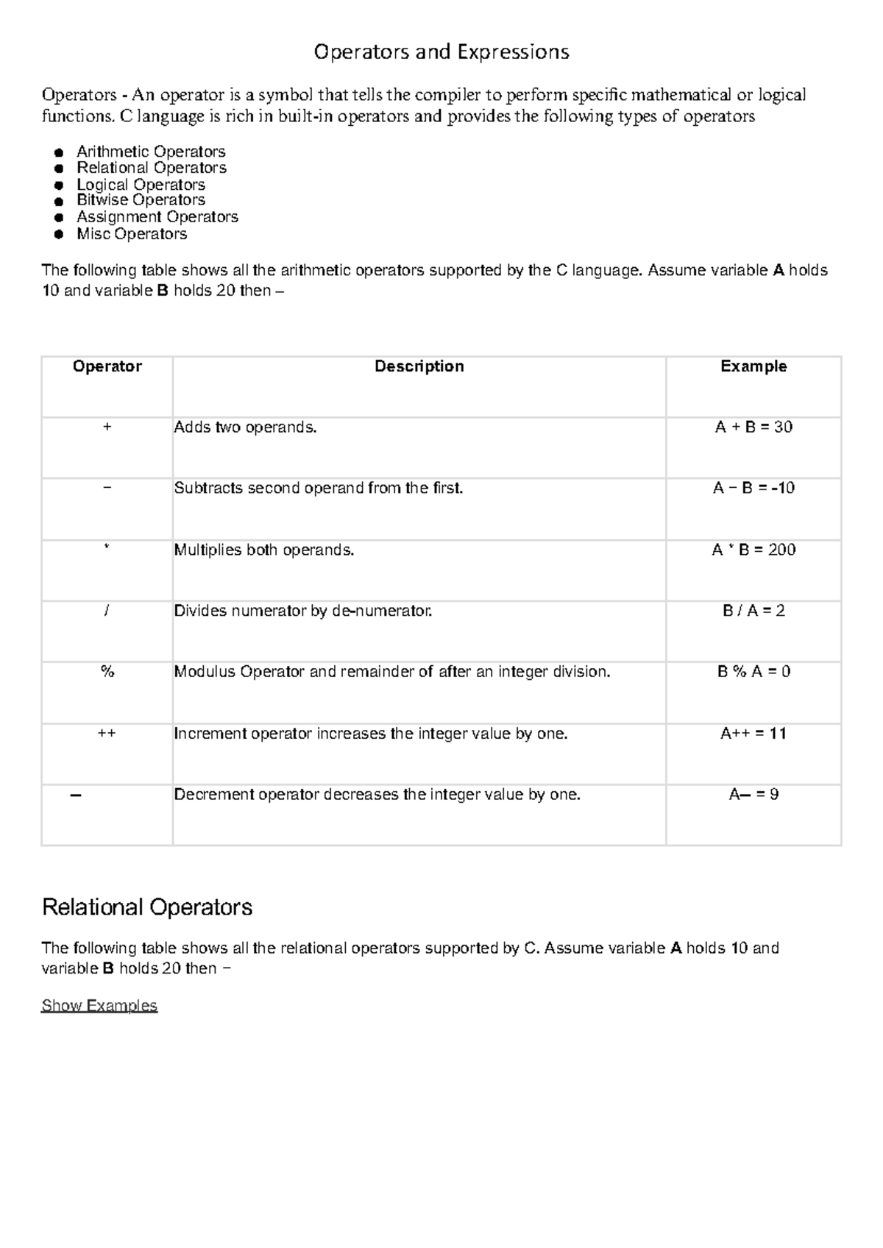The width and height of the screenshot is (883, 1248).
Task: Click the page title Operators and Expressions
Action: (441, 52)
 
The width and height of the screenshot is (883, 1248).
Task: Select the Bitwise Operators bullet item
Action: (141, 200)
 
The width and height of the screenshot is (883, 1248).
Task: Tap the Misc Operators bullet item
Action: (132, 234)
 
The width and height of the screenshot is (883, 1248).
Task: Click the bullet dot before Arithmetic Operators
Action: (58, 153)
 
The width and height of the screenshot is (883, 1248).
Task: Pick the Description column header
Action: (419, 366)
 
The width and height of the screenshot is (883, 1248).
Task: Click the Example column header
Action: (753, 366)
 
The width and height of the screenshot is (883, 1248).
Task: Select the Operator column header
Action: (107, 366)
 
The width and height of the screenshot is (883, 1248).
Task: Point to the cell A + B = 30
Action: (753, 428)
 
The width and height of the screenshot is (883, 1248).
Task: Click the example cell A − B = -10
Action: (753, 489)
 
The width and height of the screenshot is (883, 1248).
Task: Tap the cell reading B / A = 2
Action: (753, 611)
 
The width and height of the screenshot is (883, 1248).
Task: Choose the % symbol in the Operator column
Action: (107, 672)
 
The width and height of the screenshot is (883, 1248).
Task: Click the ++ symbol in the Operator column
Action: (107, 734)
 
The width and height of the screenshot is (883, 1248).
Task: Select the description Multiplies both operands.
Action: (264, 550)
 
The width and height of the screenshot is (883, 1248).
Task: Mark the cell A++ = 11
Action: (753, 734)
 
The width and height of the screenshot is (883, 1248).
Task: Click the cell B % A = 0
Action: (753, 672)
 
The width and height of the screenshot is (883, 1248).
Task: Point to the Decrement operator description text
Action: (377, 795)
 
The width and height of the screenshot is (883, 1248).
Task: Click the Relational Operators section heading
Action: (147, 907)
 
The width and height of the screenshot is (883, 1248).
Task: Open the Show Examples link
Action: (99, 1006)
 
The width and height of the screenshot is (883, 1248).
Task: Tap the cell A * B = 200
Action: (753, 550)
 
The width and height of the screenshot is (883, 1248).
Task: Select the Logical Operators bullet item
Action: (141, 185)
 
